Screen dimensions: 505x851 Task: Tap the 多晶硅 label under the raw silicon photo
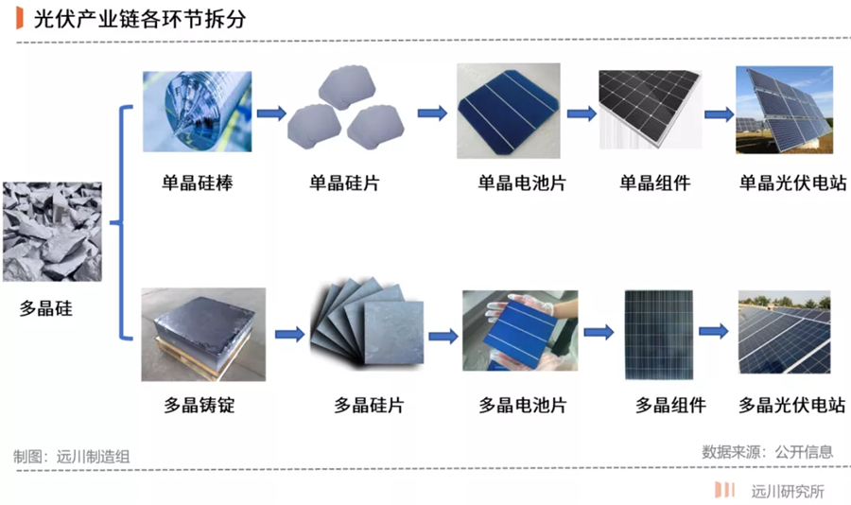click(x=45, y=308)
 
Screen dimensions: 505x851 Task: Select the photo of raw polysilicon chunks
click(x=51, y=233)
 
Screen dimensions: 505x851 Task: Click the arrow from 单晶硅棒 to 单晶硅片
click(x=271, y=113)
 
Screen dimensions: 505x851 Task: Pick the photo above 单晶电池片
click(x=508, y=111)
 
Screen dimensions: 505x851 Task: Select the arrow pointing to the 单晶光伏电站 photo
click(x=720, y=113)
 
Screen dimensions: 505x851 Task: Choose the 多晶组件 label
click(x=670, y=406)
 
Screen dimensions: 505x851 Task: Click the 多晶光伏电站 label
click(x=791, y=406)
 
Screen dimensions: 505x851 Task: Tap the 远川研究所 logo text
click(x=788, y=491)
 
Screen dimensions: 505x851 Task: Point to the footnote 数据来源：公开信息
click(x=767, y=451)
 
